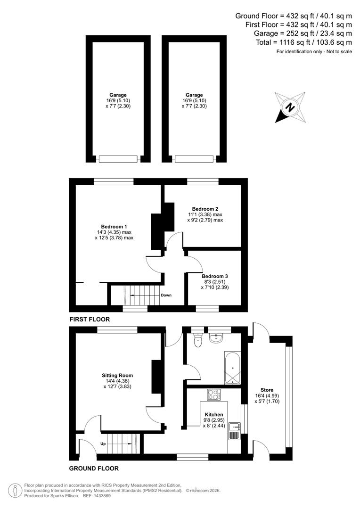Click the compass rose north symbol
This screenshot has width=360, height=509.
point(290,107)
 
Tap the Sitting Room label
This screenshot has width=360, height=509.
point(115,376)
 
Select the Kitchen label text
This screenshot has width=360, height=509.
point(214,414)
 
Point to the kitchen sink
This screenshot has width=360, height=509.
point(233,429)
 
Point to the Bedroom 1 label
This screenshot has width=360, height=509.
point(114,226)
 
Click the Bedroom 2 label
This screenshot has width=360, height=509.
point(205,208)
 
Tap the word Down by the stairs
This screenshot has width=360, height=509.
point(166,295)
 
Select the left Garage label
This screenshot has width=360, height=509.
point(118,95)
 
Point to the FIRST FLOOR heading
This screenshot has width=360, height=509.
point(90,319)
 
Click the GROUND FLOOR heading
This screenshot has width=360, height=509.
point(94,468)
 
